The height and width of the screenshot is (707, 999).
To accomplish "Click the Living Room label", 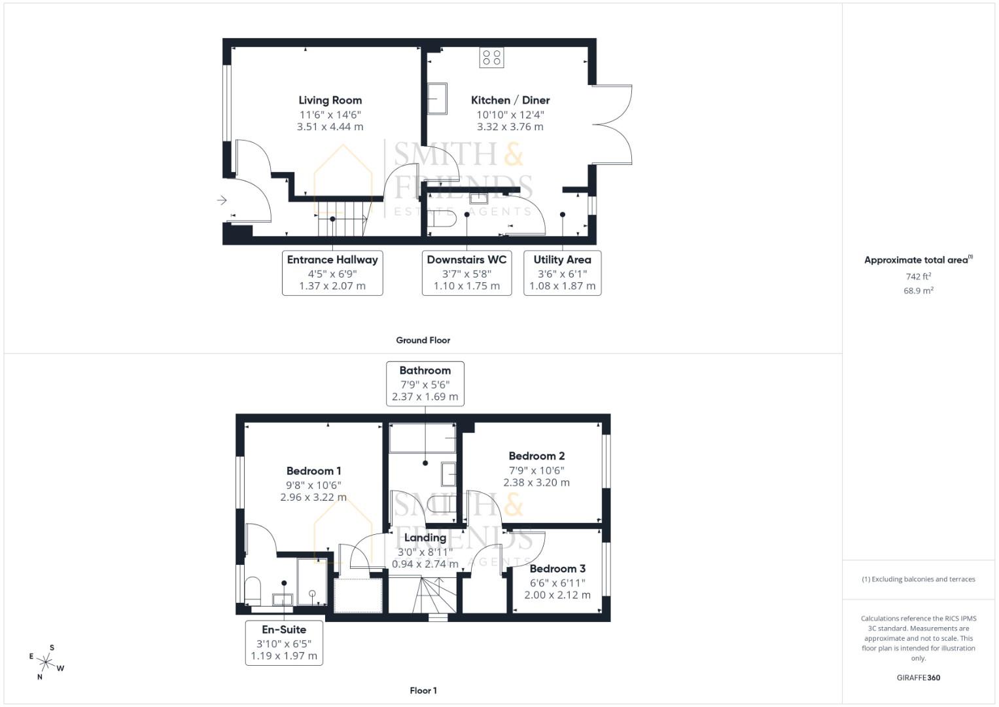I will [x=330, y=100].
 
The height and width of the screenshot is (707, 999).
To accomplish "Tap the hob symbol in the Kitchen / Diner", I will [x=491, y=58].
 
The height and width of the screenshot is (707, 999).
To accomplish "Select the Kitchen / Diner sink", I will [x=437, y=98].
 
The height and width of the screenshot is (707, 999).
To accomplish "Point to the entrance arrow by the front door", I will [x=222, y=200].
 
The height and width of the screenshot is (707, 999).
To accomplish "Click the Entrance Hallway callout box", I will [x=332, y=272].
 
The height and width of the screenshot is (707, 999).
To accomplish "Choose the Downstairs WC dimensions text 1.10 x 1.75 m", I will [x=466, y=286].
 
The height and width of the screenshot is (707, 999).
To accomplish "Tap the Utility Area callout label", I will [x=562, y=260].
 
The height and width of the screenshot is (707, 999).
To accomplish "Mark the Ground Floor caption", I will [x=423, y=340].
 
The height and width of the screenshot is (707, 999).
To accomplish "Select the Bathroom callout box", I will [x=425, y=383].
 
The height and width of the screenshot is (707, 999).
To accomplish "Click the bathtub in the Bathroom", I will [x=422, y=437].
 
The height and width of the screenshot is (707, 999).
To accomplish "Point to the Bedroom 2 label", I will [x=536, y=456].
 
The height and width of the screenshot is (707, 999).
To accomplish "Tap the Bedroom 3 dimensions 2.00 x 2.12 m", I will [x=557, y=595].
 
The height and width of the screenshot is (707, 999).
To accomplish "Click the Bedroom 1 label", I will [x=313, y=471].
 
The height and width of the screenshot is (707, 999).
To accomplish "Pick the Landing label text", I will [x=425, y=537].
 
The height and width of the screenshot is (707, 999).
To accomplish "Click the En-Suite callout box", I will [x=284, y=642].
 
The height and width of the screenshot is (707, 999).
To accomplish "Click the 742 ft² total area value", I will [x=918, y=276].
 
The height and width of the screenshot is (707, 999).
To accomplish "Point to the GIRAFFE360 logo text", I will [x=918, y=678].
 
